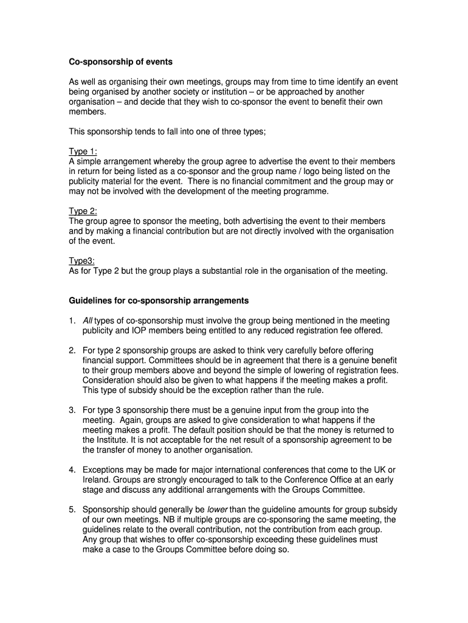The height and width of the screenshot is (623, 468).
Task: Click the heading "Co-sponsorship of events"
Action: (x=120, y=62)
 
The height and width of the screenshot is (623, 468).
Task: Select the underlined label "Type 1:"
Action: (x=83, y=151)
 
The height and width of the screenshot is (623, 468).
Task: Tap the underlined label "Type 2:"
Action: (x=83, y=211)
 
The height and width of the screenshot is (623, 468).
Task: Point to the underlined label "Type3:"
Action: (x=81, y=261)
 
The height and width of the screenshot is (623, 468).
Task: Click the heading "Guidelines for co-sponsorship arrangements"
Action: (x=159, y=301)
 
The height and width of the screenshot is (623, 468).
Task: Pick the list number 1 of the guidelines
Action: (x=72, y=321)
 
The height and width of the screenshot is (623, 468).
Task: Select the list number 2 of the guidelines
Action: (x=72, y=350)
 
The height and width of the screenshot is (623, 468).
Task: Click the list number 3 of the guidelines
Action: (x=72, y=410)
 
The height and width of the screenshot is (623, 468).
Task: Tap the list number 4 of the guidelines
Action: (x=72, y=470)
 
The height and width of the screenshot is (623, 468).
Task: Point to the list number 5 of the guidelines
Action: (x=72, y=509)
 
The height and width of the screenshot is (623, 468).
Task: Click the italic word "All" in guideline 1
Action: (x=88, y=321)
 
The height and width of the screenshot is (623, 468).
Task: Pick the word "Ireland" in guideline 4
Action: (x=96, y=479)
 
